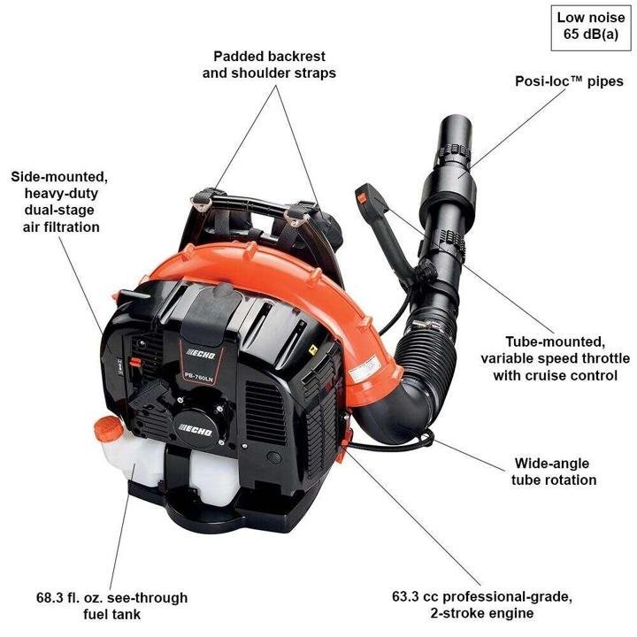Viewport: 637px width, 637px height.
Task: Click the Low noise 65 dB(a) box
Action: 590,27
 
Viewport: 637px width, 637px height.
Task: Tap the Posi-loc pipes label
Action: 569,81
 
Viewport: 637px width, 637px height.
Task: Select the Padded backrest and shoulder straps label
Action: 269,64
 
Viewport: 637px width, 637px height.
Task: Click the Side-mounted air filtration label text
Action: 55,202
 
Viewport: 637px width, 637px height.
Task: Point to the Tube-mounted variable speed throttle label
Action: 556,357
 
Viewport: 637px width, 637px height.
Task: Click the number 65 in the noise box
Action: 572,36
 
